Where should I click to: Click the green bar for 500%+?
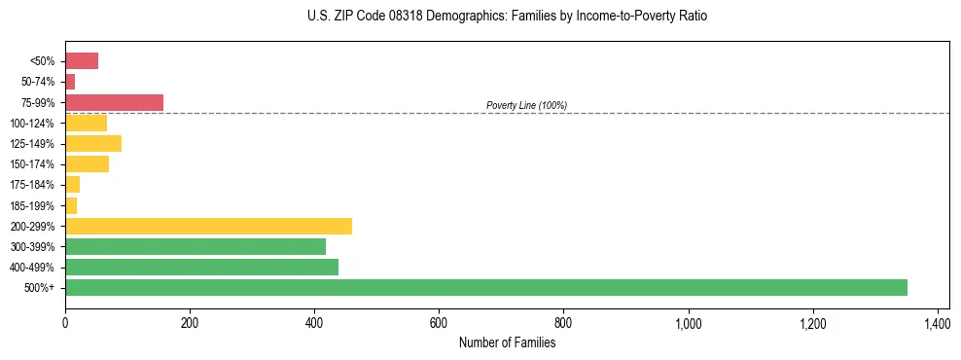point(486,287)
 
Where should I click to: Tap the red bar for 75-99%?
point(114,102)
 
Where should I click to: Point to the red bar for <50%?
point(82,61)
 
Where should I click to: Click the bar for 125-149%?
point(93,144)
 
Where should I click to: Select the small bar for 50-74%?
point(70,82)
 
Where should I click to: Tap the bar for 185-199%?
point(71,205)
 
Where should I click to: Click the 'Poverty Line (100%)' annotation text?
point(526,105)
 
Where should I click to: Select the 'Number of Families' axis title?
point(507,342)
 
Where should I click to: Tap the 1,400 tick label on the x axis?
point(937,323)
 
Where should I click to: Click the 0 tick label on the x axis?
point(65,323)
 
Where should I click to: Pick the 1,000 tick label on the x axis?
point(688,323)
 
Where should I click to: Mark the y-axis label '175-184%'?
point(32,185)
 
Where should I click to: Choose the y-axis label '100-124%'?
point(32,124)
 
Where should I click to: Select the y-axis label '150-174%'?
point(32,164)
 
